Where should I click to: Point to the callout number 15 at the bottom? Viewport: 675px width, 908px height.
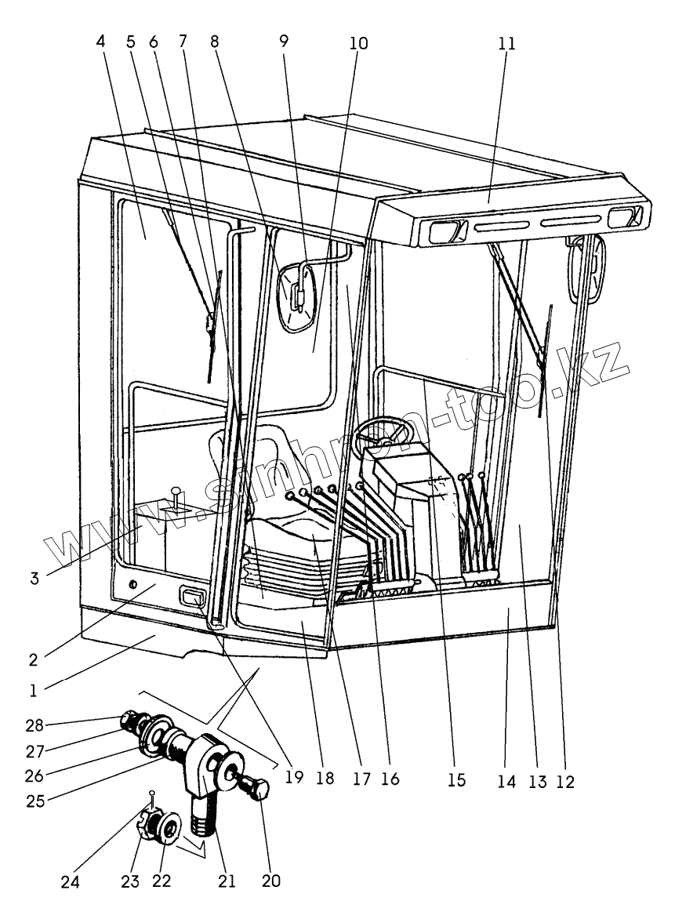[455, 780]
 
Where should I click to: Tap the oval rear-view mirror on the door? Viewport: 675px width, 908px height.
[298, 300]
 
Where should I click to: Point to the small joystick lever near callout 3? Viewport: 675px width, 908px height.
[178, 498]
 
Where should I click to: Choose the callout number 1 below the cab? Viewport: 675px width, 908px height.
[32, 692]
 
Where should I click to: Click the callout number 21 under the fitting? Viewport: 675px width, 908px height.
[227, 881]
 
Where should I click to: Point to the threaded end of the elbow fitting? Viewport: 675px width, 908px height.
[201, 830]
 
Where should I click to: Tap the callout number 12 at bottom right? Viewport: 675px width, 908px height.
[564, 780]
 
